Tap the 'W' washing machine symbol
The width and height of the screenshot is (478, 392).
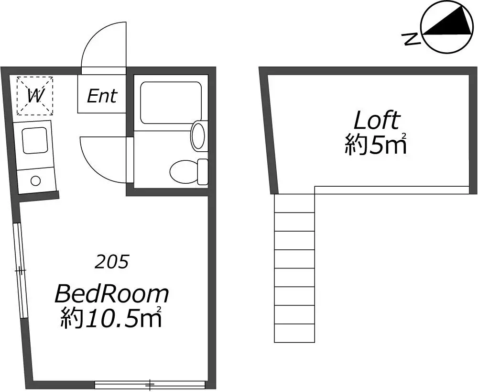coord(35,96)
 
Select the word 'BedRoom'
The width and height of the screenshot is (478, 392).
coord(111,294)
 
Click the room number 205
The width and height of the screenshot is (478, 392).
coord(111,262)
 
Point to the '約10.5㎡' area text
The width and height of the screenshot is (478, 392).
coord(111,317)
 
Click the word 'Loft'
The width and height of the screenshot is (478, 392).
coord(376,121)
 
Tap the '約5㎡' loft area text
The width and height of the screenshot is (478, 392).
coord(376,144)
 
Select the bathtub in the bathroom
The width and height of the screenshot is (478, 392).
coord(171,102)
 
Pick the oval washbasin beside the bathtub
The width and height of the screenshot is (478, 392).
coord(198,135)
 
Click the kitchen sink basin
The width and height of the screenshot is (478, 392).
coord(35,140)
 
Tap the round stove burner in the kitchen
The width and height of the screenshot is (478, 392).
coord(36,181)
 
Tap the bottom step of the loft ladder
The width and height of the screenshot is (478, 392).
coord(294,333)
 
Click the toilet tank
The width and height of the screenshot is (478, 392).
coord(203,172)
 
